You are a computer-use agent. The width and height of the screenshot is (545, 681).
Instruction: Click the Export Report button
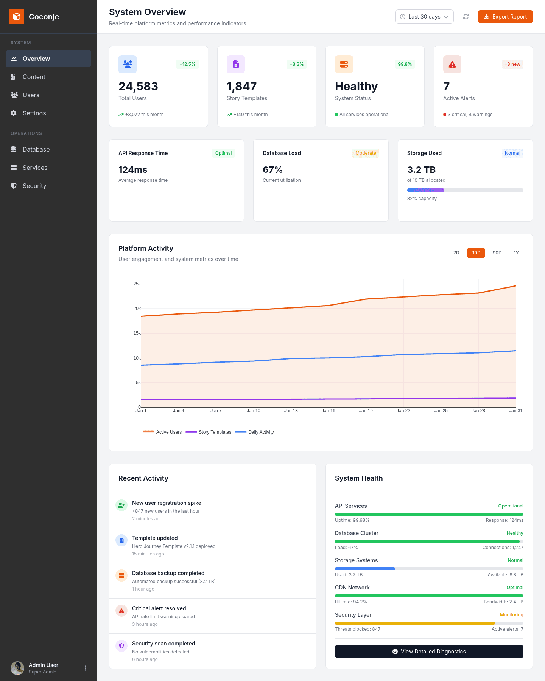pyautogui.click(x=505, y=17)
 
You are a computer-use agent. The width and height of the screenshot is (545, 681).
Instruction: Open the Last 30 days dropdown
pyautogui.click(x=424, y=17)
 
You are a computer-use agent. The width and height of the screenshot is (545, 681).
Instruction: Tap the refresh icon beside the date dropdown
pyautogui.click(x=466, y=17)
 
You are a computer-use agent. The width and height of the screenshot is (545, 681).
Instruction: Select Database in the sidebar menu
pyautogui.click(x=36, y=149)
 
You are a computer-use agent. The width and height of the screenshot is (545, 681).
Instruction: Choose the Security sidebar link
pyautogui.click(x=34, y=186)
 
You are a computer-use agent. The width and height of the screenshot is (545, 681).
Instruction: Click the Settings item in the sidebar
pyautogui.click(x=34, y=113)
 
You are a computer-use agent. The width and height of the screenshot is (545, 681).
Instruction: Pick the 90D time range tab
pyautogui.click(x=497, y=253)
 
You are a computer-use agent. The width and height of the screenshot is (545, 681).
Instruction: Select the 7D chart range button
pyautogui.click(x=456, y=253)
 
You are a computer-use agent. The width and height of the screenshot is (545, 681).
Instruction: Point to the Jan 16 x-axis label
pyautogui.click(x=328, y=411)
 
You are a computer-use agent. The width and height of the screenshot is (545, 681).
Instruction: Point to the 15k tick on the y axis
pyautogui.click(x=137, y=333)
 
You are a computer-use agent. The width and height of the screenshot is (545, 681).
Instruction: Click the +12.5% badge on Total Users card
pyautogui.click(x=187, y=64)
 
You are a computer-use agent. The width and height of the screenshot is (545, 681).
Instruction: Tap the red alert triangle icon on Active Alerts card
pyautogui.click(x=452, y=64)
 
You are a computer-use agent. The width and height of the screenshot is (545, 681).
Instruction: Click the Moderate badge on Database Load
pyautogui.click(x=365, y=153)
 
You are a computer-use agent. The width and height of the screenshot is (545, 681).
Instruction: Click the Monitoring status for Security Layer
pyautogui.click(x=511, y=615)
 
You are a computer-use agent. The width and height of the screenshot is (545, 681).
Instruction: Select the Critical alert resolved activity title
pyautogui.click(x=159, y=608)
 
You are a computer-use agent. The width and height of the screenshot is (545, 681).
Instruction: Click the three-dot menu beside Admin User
pyautogui.click(x=86, y=668)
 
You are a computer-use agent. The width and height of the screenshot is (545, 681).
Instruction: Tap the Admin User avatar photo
pyautogui.click(x=17, y=668)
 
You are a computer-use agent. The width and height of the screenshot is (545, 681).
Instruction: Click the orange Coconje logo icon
pyautogui.click(x=17, y=17)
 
